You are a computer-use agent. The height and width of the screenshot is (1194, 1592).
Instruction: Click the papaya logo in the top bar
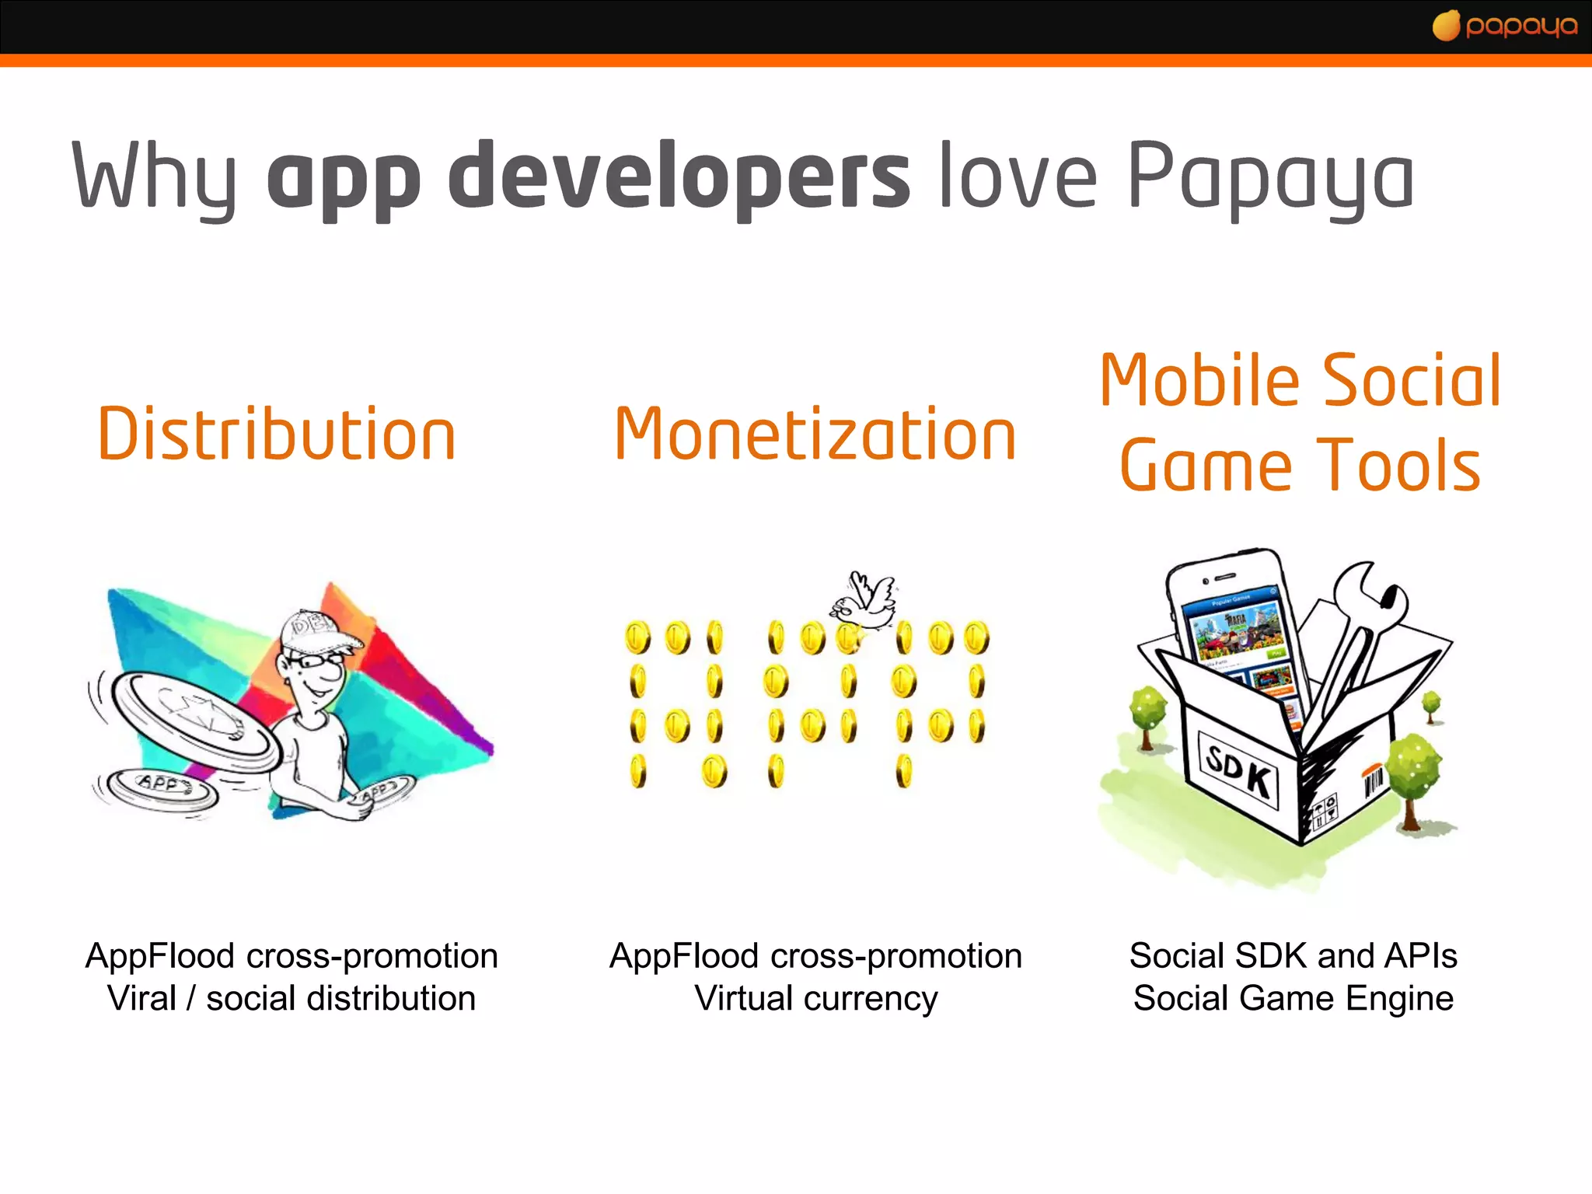click(x=1505, y=26)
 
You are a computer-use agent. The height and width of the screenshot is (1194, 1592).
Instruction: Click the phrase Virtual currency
click(x=815, y=998)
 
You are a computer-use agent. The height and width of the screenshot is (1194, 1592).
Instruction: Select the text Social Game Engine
click(x=1293, y=998)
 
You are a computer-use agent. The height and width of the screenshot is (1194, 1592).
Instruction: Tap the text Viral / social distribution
click(x=292, y=998)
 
